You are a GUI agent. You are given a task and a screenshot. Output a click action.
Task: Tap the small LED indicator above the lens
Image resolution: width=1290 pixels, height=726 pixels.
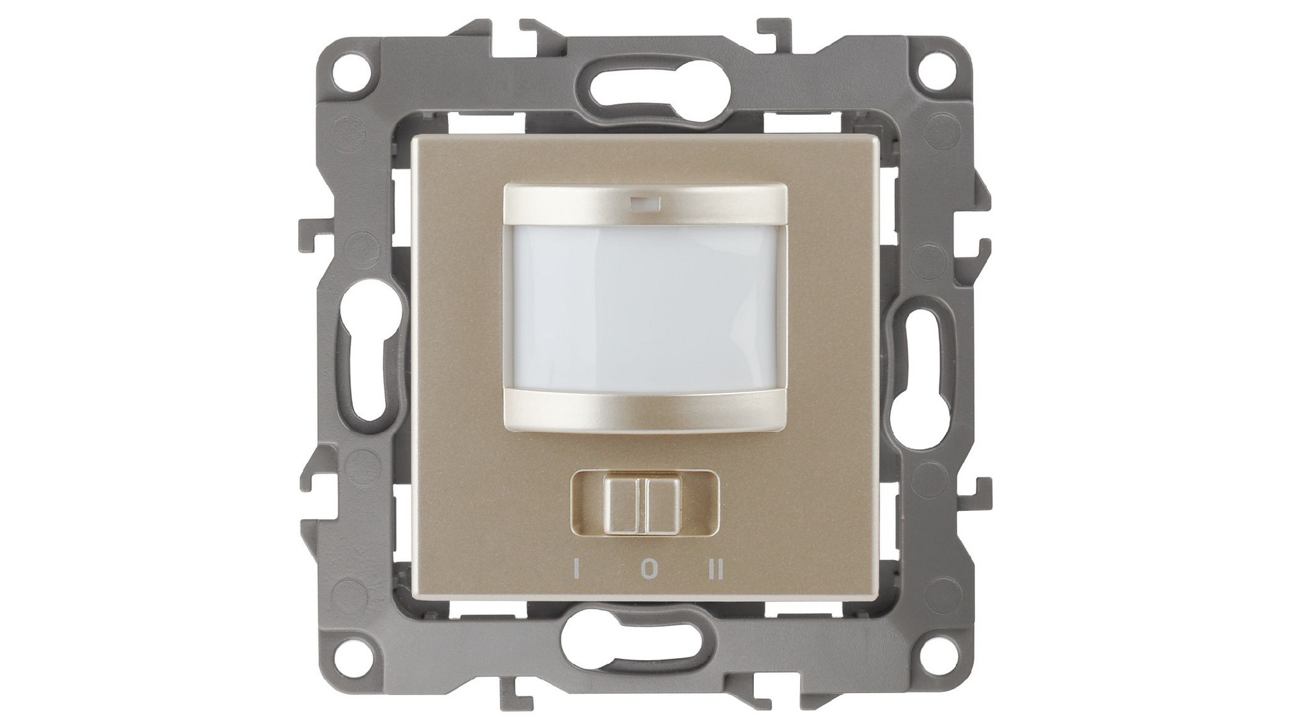click(644, 200)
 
